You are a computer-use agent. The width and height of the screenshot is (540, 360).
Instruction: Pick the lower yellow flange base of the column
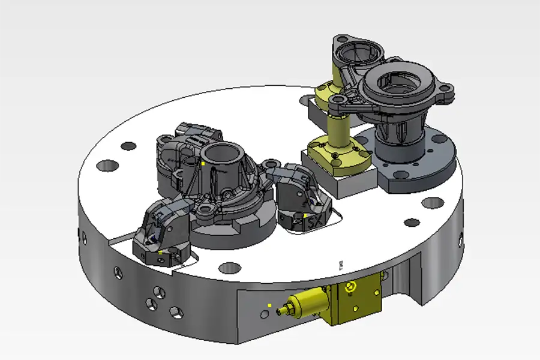[x=336, y=153]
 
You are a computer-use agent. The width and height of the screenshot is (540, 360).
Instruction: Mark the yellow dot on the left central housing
[x=204, y=162]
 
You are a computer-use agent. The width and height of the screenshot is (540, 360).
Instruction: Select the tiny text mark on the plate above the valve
[x=340, y=264]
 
